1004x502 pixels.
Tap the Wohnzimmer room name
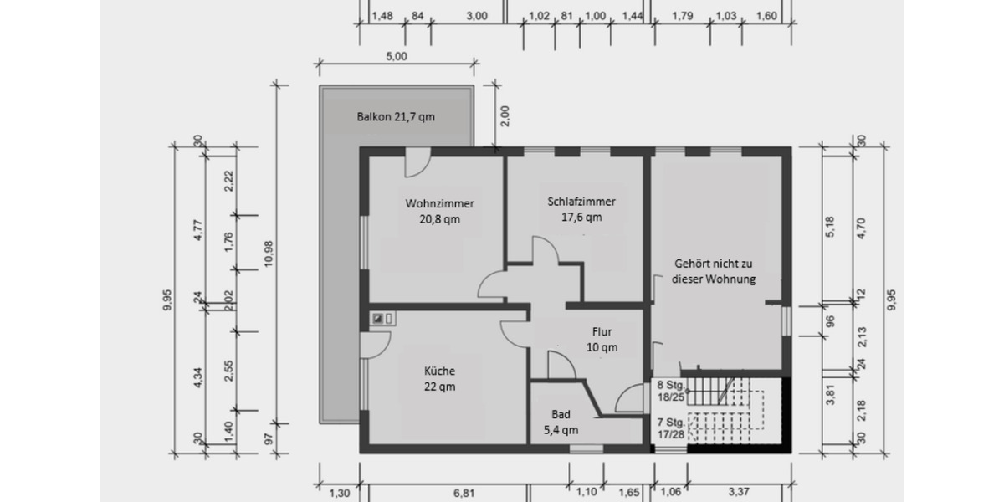pyautogui.click(x=440, y=203)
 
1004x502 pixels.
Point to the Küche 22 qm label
pyautogui.click(x=439, y=378)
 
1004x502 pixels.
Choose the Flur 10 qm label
pyautogui.click(x=602, y=339)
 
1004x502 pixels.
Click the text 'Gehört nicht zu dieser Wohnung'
pyautogui.click(x=714, y=271)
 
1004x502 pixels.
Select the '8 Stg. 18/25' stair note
pyautogui.click(x=671, y=392)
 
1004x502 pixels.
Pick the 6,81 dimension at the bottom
pyautogui.click(x=464, y=494)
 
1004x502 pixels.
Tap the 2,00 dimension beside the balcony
pyautogui.click(x=505, y=116)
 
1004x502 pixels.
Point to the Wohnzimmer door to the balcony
pyautogui.click(x=416, y=163)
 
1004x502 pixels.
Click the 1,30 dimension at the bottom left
pyautogui.click(x=338, y=494)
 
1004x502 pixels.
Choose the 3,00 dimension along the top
pyautogui.click(x=477, y=16)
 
